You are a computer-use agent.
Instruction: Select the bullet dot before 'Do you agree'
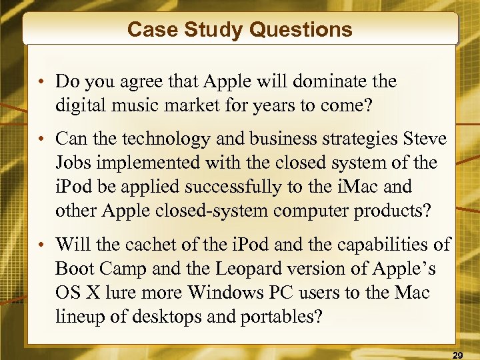pos(41,83)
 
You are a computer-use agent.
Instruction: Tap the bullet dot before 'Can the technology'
pos(41,140)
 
